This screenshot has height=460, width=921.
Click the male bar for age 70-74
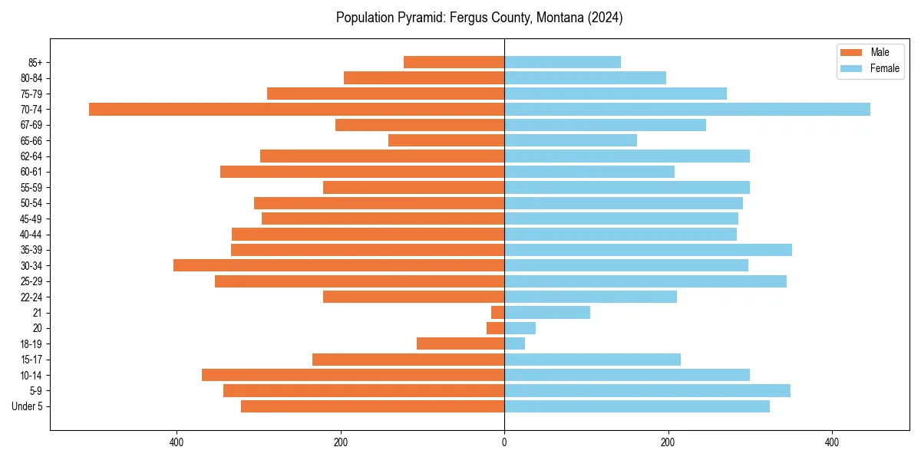tap(296, 109)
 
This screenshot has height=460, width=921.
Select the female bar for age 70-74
tap(687, 109)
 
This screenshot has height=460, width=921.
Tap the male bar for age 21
tap(497, 312)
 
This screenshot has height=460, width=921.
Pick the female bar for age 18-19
tap(514, 343)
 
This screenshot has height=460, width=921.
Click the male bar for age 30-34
tap(338, 265)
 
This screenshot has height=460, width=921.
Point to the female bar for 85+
tap(563, 62)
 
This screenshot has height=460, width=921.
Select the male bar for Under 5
tap(372, 406)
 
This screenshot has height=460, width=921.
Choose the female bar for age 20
tap(520, 328)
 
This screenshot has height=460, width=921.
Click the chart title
tap(479, 18)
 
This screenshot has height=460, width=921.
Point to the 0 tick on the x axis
tap(504, 442)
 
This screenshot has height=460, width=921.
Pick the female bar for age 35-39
tap(648, 250)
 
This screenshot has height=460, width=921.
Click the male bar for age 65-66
tap(446, 140)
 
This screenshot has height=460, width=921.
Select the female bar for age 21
tap(547, 312)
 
